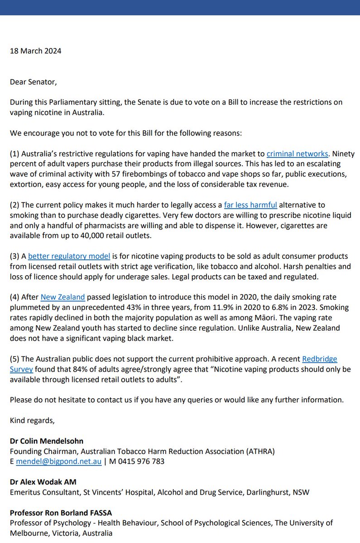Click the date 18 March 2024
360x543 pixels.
pos(35,51)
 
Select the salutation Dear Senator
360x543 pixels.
pos(34,82)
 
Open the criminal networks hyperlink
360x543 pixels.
pos(297,154)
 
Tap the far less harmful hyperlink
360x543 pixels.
pos(250,205)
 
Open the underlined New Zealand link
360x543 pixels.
pos(62,297)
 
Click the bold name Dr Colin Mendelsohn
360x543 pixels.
pos(47,441)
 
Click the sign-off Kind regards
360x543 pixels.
pos(32,420)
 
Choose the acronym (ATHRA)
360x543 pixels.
pos(259,451)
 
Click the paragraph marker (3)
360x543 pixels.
pos(14,257)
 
